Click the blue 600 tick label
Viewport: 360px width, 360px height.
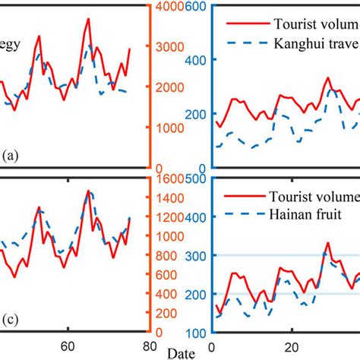click(x=196, y=7)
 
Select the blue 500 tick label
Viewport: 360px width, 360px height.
click(x=196, y=181)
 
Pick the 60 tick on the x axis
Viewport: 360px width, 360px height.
click(x=68, y=344)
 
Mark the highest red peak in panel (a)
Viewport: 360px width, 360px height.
click(x=88, y=19)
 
